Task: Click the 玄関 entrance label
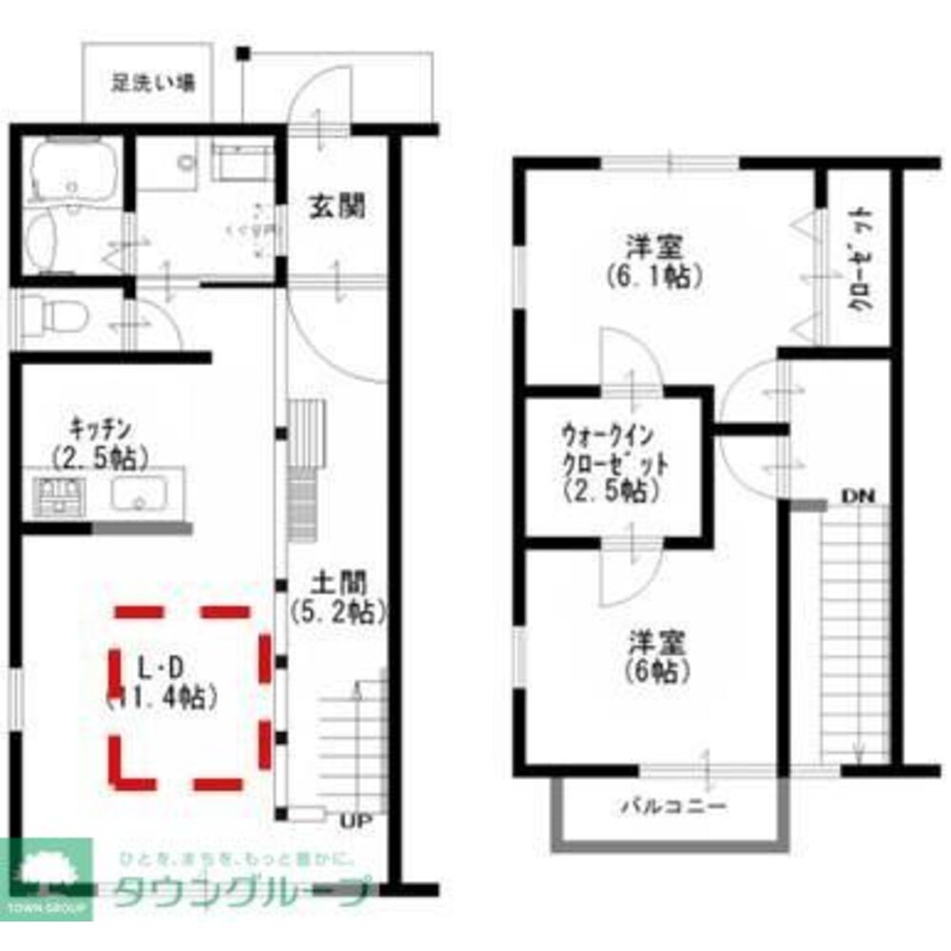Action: click(337, 205)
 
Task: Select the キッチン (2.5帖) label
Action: click(100, 442)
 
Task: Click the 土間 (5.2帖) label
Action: click(339, 595)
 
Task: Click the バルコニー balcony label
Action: click(674, 807)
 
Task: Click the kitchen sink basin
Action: click(139, 495)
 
